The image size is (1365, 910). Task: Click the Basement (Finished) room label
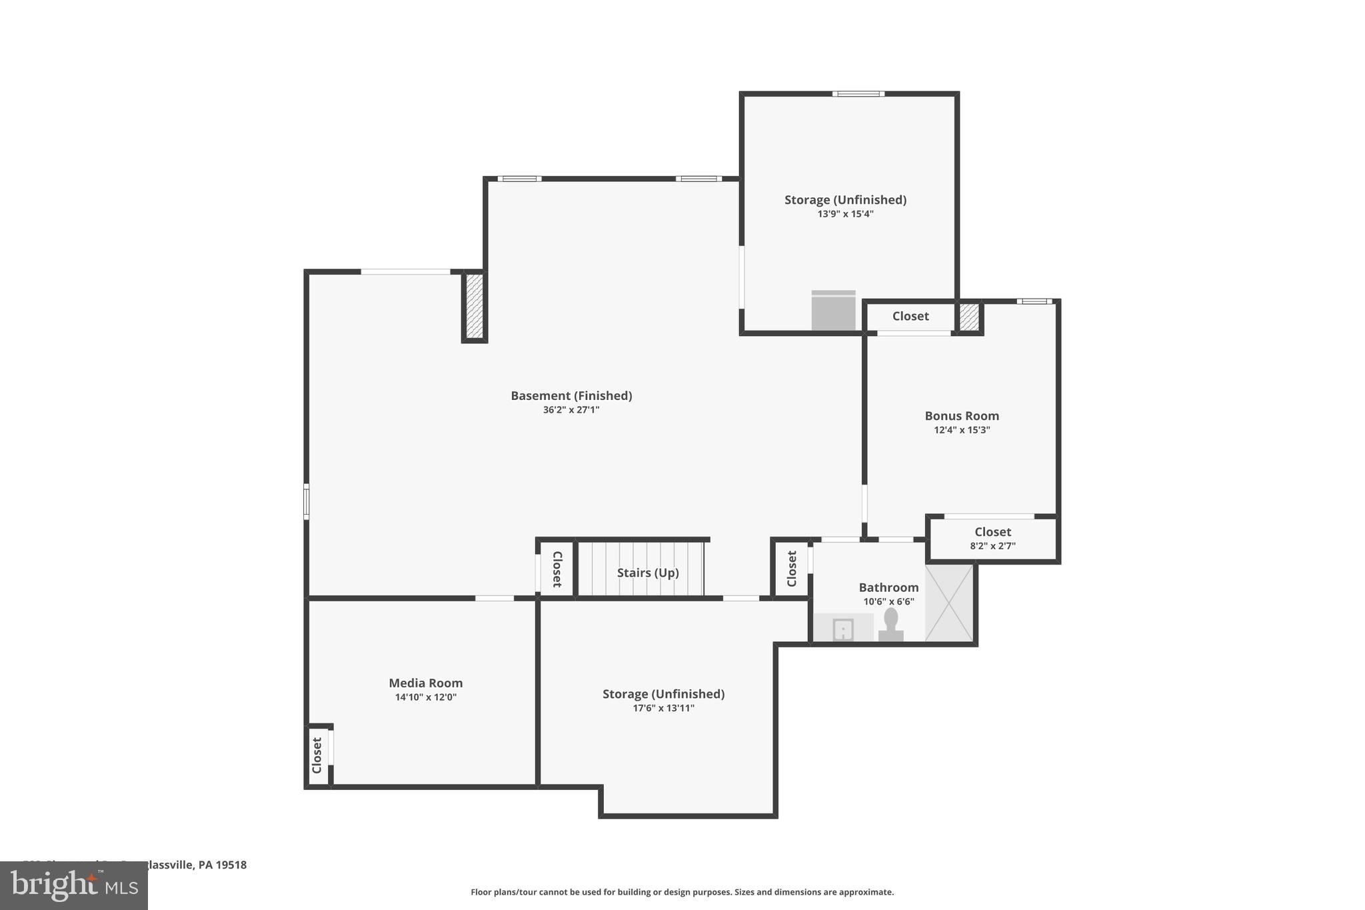[x=571, y=395]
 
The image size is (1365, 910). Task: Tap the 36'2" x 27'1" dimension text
[x=571, y=410]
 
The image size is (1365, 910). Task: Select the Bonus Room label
[x=962, y=416]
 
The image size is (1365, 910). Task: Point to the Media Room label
[x=425, y=683]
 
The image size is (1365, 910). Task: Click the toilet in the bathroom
[x=890, y=625]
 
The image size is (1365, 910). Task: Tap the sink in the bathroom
[x=843, y=629]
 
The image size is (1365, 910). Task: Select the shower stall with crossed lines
[x=950, y=603]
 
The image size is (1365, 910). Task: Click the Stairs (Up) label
[x=647, y=573]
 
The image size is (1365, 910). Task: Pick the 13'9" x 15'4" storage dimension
[x=845, y=214]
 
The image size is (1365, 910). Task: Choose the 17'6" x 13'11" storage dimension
[x=663, y=708]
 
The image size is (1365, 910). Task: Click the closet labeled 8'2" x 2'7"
[x=992, y=538]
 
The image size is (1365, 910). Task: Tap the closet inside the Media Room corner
[x=317, y=755]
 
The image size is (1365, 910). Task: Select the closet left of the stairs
[x=557, y=569]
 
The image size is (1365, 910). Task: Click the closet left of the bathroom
[x=791, y=569]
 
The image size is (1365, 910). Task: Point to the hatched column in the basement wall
[x=474, y=306]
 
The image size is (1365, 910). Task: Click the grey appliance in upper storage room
[x=833, y=311]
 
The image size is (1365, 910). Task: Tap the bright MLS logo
[x=74, y=885]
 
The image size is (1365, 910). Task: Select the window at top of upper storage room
[x=858, y=94]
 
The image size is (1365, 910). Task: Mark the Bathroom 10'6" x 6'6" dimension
[x=888, y=602]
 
